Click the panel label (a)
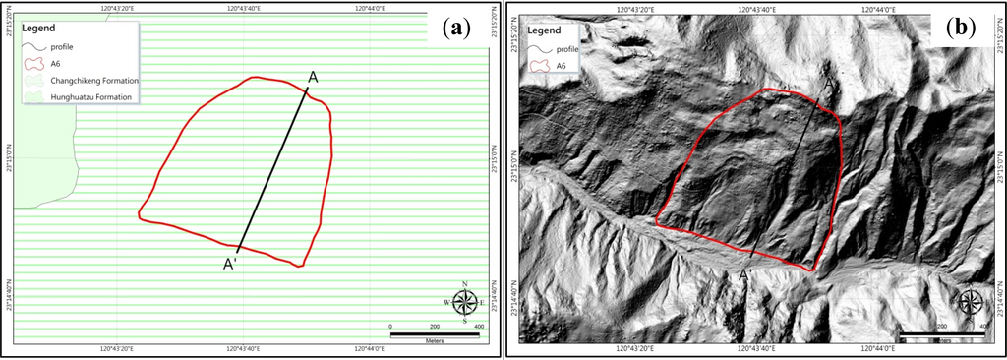[454, 28]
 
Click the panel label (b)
[960, 28]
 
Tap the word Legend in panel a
[39, 29]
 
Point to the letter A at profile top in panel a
[313, 77]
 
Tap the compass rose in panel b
[972, 301]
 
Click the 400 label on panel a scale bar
[479, 326]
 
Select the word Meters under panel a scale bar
[434, 341]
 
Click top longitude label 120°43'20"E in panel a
[118, 8]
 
